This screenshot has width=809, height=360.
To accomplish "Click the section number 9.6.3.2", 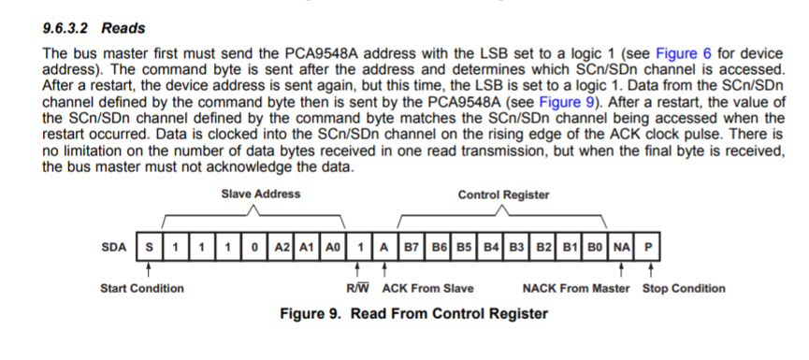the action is pyautogui.click(x=66, y=28).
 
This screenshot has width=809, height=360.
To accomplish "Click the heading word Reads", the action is pyautogui.click(x=124, y=28).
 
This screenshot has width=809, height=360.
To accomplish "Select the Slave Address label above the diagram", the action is pyautogui.click(x=261, y=194).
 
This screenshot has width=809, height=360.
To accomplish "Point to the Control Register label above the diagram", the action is pyautogui.click(x=503, y=194).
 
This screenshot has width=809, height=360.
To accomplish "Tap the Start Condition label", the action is pyautogui.click(x=142, y=288).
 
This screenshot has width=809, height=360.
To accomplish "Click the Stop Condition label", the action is pyautogui.click(x=683, y=288).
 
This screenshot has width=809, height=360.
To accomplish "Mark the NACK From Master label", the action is pyautogui.click(x=574, y=288).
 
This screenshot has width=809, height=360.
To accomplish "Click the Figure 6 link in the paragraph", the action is pyautogui.click(x=682, y=52).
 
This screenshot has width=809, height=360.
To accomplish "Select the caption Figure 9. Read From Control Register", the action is pyautogui.click(x=413, y=313).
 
